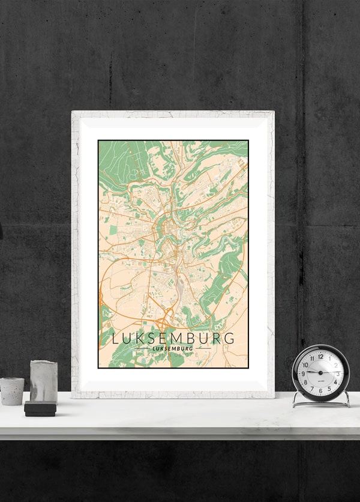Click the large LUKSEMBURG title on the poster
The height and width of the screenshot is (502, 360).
[173, 338]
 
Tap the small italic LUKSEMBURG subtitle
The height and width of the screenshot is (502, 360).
[173, 348]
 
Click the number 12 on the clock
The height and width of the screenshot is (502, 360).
[320, 355]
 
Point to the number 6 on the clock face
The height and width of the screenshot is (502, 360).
[320, 390]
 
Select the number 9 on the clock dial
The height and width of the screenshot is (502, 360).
[303, 373]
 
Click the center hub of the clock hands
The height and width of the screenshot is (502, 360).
[320, 373]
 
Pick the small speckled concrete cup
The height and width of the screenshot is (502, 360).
[11, 390]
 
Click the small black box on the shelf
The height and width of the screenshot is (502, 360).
[40, 409]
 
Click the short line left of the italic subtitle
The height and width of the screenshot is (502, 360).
[142, 348]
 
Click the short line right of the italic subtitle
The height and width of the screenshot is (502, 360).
[203, 348]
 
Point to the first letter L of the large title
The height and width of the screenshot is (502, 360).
[115, 338]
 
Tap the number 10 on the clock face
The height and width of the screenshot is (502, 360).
[305, 364]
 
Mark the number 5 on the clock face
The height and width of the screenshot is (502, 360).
[329, 388]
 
